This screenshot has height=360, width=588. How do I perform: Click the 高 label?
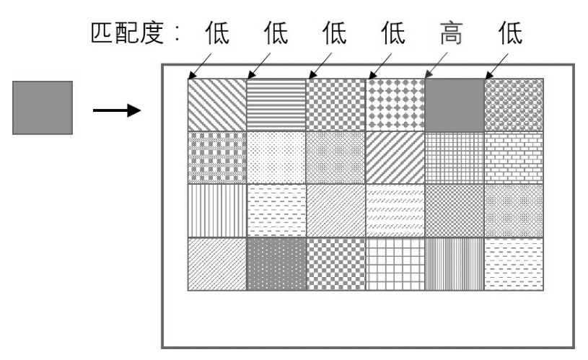(451, 35)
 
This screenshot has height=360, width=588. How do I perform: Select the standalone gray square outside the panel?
(43, 107)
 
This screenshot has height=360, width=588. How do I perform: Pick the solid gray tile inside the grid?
(455, 105)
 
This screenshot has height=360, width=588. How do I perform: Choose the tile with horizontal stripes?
(276, 105)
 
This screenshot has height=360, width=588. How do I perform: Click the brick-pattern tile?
(514, 157)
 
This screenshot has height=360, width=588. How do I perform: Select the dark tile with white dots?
(276, 263)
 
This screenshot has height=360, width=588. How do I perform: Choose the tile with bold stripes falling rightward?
(216, 105)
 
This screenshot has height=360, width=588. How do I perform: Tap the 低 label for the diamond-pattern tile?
(392, 35)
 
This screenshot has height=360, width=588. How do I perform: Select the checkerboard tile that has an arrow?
(335, 105)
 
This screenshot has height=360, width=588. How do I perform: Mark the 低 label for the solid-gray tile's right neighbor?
(511, 35)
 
